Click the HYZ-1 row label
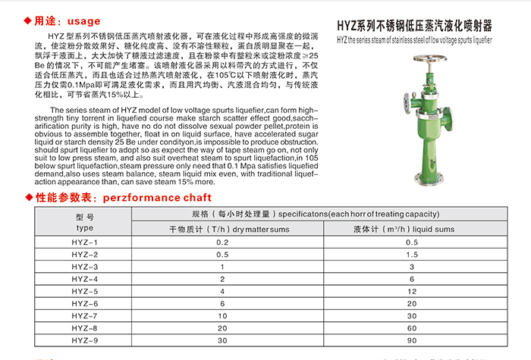pyautogui.click(x=85, y=242)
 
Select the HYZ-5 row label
pyautogui.click(x=85, y=291)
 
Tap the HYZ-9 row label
pyautogui.click(x=85, y=340)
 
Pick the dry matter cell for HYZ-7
pyautogui.click(x=222, y=315)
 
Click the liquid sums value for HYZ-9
pyautogui.click(x=411, y=340)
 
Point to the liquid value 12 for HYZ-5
pyautogui.click(x=411, y=291)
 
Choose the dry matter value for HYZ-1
pyautogui.click(x=222, y=242)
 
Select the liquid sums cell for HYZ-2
pyautogui.click(x=411, y=254)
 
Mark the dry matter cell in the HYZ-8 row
pyautogui.click(x=222, y=328)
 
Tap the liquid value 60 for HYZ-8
pyautogui.click(x=411, y=328)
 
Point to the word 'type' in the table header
pyautogui.click(x=85, y=227)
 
